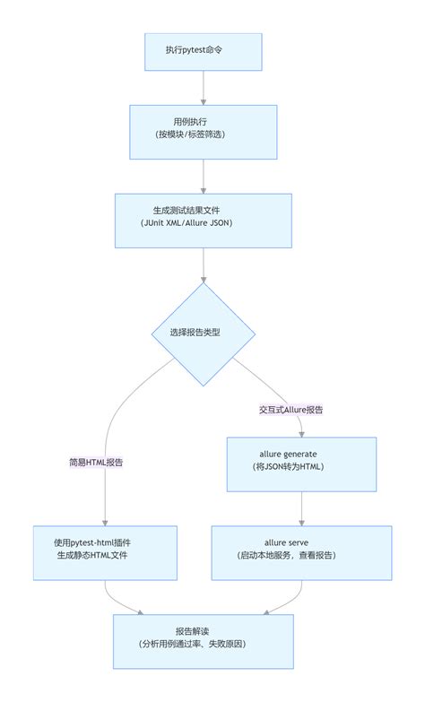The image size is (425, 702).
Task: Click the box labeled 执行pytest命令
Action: pyautogui.click(x=204, y=52)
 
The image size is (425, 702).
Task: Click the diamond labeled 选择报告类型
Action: pyautogui.click(x=204, y=333)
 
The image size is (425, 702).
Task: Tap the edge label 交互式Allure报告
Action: pyautogui.click(x=290, y=409)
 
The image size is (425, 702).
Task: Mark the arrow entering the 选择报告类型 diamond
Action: pyautogui.click(x=204, y=264)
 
